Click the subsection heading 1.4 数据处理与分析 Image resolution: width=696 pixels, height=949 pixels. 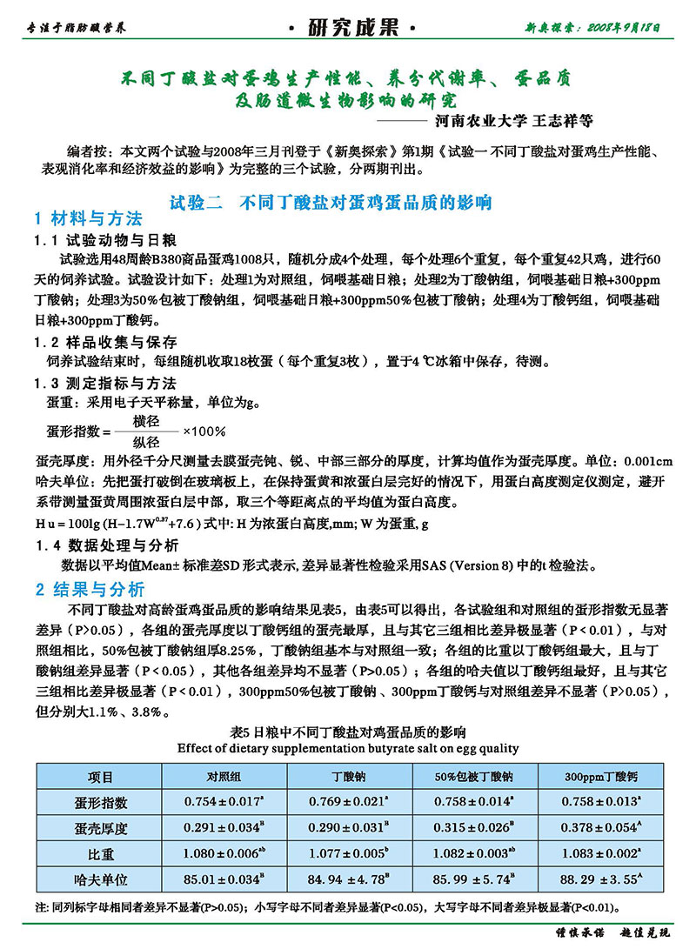(106, 545)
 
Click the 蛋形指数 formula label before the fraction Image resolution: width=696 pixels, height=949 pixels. (72, 431)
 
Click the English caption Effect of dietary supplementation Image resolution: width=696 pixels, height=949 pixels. (348, 747)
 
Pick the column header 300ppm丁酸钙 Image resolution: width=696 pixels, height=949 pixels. (600, 776)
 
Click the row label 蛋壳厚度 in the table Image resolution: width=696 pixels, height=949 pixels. (95, 829)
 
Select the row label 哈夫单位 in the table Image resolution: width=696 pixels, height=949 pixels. (95, 881)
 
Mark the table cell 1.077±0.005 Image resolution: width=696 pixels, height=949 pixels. (348, 855)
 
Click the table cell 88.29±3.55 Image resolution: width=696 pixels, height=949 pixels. (600, 881)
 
